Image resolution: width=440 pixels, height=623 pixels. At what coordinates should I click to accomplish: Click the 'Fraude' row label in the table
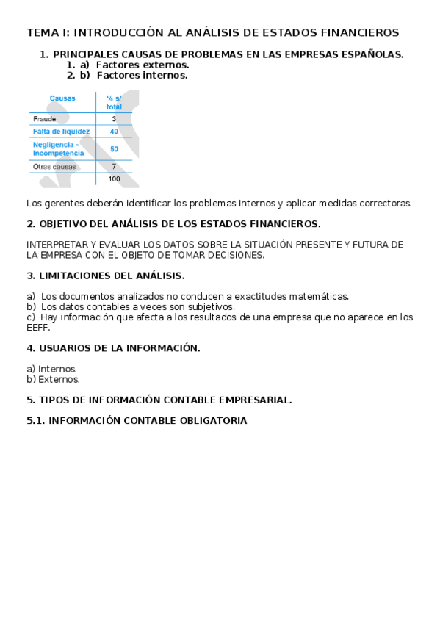(x=45, y=118)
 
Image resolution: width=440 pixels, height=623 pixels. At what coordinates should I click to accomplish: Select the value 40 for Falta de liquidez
(x=114, y=132)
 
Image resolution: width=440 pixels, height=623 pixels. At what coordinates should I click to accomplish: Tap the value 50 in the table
(x=114, y=148)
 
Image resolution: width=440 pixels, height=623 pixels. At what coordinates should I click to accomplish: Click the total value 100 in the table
(x=114, y=179)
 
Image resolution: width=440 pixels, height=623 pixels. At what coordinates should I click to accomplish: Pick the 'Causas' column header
(x=62, y=98)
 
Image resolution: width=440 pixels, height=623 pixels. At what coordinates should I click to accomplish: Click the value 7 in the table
(x=114, y=167)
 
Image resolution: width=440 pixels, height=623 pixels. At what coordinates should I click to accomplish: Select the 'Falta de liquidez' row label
(x=61, y=132)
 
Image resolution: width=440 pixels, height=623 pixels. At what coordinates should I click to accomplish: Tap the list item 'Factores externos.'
(x=142, y=65)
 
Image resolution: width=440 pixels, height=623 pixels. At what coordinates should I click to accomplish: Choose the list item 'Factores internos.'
(x=142, y=75)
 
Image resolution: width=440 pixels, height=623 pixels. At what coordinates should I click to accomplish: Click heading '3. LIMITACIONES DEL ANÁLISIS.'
(x=105, y=276)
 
